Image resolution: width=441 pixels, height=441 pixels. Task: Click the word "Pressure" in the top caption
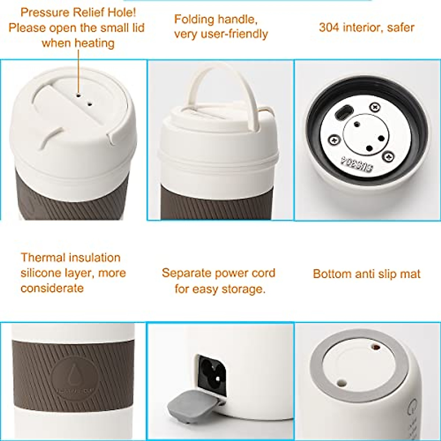[45, 12]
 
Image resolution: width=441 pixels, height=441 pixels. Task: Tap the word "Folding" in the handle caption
[194, 19]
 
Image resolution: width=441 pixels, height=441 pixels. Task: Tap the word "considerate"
[52, 288]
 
